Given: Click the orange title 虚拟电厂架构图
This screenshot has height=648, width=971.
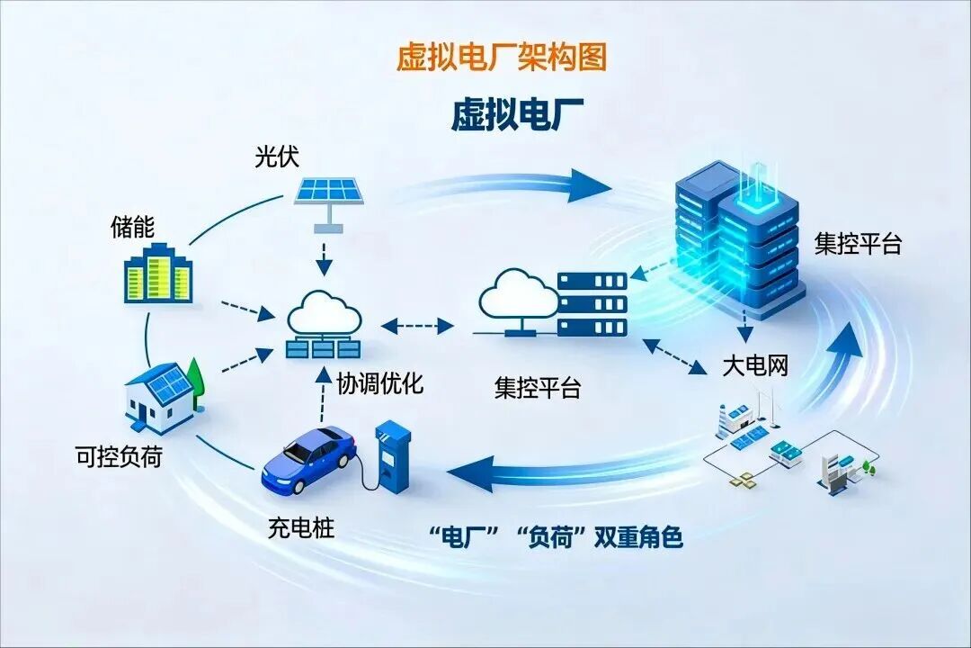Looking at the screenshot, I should (502, 57).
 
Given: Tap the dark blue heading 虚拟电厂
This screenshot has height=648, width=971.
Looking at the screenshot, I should (517, 115).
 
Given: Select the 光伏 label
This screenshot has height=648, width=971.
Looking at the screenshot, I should (276, 157).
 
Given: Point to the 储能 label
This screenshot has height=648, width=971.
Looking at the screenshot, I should (132, 227).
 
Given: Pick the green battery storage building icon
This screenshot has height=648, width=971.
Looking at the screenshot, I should (158, 275).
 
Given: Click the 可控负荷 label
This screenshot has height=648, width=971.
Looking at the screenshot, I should (120, 456).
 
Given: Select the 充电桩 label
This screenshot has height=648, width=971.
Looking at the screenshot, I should (300, 527).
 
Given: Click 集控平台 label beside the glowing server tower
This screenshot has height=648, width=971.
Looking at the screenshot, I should (858, 244).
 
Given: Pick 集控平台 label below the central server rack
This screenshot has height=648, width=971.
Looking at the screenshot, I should (538, 388).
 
